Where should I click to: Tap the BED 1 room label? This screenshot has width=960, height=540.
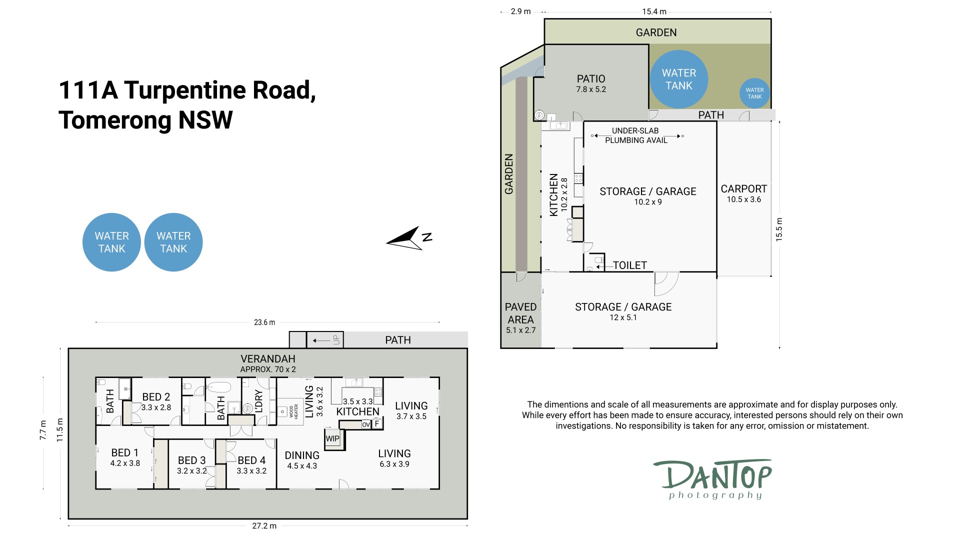tap(125, 452)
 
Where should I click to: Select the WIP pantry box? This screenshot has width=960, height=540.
tap(333, 438)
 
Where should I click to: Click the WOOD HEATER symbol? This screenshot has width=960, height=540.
tap(290, 411)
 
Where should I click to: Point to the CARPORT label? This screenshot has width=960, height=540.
tap(743, 189)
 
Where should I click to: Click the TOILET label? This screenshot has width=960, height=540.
tap(630, 265)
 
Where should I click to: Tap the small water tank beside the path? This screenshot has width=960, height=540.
tap(754, 93)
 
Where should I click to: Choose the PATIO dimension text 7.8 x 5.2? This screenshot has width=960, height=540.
tap(591, 89)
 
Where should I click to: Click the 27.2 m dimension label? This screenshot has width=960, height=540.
tap(264, 526)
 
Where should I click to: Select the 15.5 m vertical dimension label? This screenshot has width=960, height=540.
tap(779, 230)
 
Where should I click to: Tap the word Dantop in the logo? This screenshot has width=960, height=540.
tap(713, 475)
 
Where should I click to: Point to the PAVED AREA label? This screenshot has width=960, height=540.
tap(520, 313)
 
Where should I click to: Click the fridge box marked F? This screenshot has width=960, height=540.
tap(377, 424)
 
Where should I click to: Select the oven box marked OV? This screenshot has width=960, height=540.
tap(366, 424)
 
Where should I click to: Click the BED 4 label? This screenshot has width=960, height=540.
tap(251, 460)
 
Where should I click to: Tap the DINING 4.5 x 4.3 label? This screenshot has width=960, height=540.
tap(302, 460)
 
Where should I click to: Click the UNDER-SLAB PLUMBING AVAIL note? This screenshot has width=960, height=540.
tap(636, 135)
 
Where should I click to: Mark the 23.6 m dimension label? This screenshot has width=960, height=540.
tap(264, 322)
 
